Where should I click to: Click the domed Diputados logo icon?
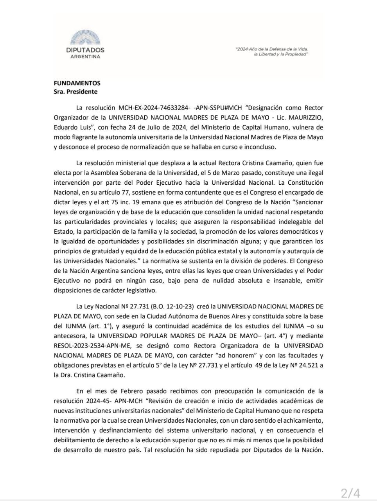pos(85,38)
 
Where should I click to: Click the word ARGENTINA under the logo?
pos(85,56)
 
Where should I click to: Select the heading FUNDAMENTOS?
pos(77,83)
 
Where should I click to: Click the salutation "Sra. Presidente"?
pos(75,92)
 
